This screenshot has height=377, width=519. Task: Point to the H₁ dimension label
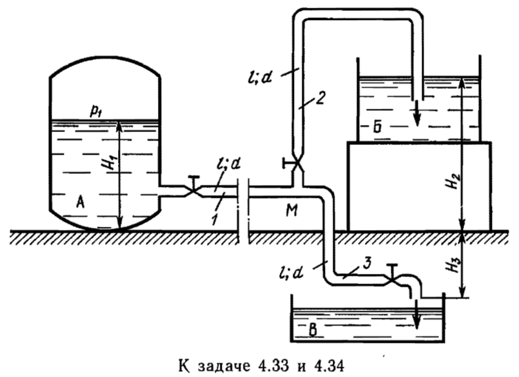click(106, 169)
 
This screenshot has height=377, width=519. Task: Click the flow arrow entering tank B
click(416, 311)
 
